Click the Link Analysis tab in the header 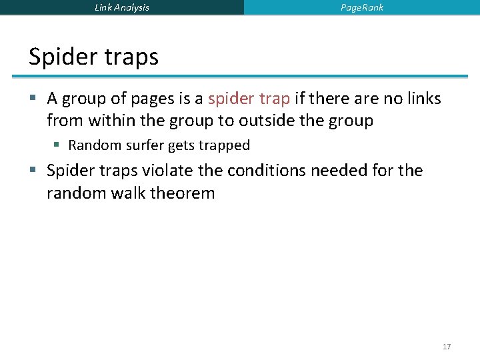tap(122, 7)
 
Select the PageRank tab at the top tap(362, 7)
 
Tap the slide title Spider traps tap(93, 57)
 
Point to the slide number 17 tap(447, 347)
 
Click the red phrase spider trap tap(249, 99)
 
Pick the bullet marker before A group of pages tap(33, 99)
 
